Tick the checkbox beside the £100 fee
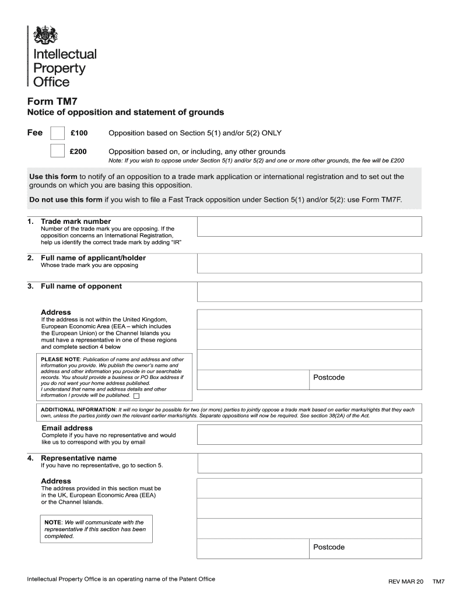pyautogui.click(x=57, y=134)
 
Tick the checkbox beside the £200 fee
pyautogui.click(x=57, y=151)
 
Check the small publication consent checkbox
pyautogui.click(x=136, y=395)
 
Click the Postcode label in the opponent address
pyautogui.click(x=329, y=377)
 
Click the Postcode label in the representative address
pyautogui.click(x=329, y=547)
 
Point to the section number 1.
pyautogui.click(x=30, y=222)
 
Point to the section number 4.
pyautogui.click(x=30, y=458)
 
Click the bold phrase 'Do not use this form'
pyautogui.click(x=65, y=199)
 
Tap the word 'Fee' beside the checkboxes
pyautogui.click(x=35, y=133)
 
